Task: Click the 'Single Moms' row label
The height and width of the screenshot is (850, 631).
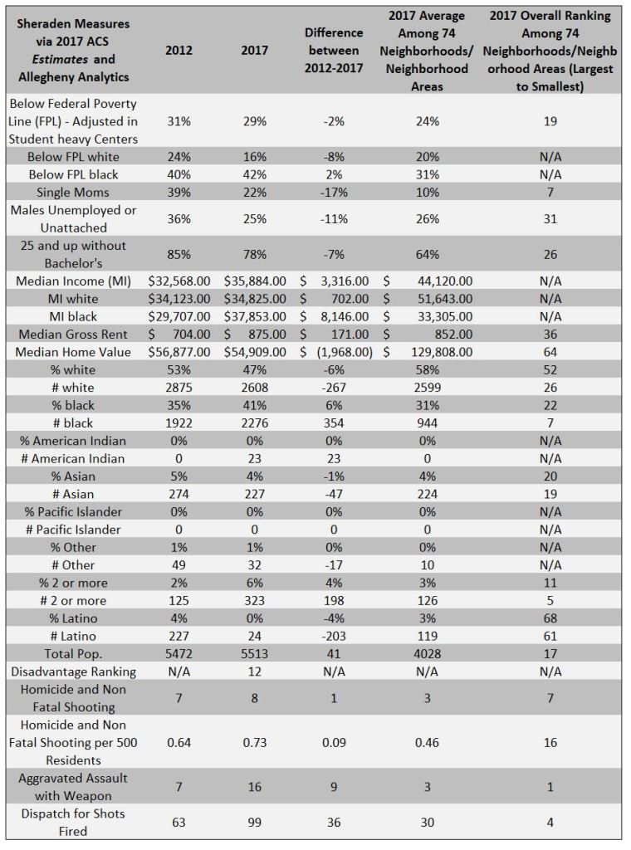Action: (x=73, y=193)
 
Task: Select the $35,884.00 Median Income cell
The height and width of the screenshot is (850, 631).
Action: (x=254, y=281)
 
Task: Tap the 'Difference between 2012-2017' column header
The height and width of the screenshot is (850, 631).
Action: (x=334, y=50)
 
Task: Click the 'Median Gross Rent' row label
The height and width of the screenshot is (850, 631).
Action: (x=73, y=335)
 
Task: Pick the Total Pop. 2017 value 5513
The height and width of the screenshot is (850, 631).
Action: (x=254, y=653)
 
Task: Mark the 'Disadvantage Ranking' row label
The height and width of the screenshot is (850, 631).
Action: (x=73, y=671)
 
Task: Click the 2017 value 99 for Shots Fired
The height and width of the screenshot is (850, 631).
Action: (x=254, y=822)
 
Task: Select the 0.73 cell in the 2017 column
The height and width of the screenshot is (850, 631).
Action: (x=254, y=743)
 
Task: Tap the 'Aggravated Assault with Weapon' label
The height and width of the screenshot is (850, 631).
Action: (x=73, y=787)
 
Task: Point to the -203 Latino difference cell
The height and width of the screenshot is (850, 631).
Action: (x=334, y=636)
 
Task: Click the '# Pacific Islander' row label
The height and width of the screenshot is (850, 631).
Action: (x=73, y=530)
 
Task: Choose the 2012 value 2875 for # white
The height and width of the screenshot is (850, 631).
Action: (x=179, y=388)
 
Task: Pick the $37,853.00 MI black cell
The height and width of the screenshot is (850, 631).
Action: (x=254, y=316)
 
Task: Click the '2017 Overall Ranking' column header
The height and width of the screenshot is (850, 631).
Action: (x=550, y=50)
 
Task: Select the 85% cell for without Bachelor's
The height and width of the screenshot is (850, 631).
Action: (x=179, y=255)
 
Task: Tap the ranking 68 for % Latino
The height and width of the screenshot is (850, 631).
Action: (x=550, y=618)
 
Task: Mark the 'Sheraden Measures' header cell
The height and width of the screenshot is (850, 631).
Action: (x=73, y=50)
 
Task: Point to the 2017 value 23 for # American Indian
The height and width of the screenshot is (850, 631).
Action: (x=254, y=458)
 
